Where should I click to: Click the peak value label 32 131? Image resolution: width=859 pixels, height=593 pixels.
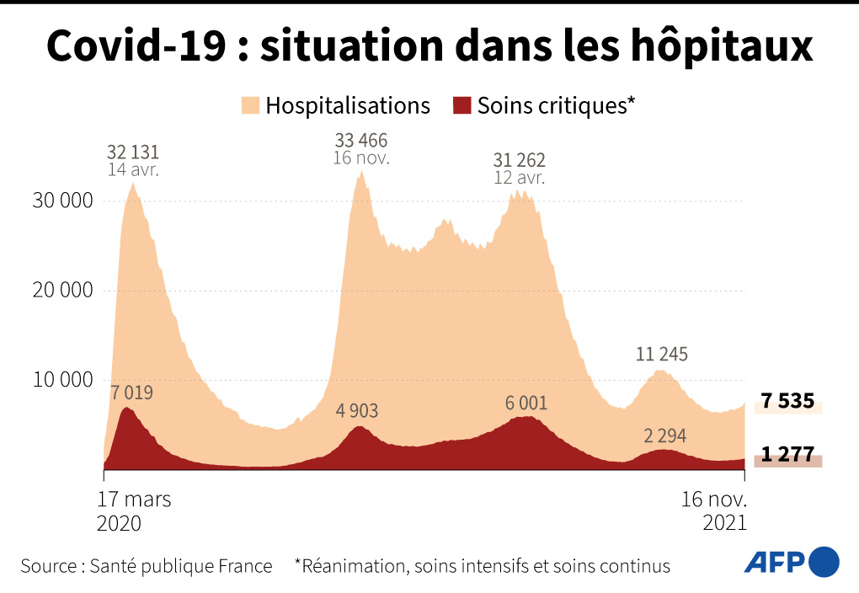(133, 152)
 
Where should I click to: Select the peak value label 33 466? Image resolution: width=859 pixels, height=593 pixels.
(360, 140)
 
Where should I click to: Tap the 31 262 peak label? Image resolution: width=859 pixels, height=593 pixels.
(520, 160)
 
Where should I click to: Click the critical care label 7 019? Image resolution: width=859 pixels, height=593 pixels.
(132, 393)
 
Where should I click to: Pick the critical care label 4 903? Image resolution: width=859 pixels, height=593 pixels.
(357, 411)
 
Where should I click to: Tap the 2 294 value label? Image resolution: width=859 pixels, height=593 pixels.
(665, 435)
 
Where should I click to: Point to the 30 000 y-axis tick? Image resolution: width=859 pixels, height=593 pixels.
(61, 201)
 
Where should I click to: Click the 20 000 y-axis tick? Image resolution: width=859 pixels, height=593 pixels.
(61, 291)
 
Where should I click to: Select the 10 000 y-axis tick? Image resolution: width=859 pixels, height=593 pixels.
(61, 380)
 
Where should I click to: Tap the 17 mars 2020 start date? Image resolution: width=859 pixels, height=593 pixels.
(134, 510)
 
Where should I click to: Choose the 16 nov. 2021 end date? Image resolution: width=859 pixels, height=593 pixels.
(713, 510)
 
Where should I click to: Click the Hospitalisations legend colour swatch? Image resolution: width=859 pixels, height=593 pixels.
(250, 106)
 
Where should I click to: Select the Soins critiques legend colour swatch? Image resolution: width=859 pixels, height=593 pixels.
(462, 106)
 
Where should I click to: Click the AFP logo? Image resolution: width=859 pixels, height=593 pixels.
(791, 561)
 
